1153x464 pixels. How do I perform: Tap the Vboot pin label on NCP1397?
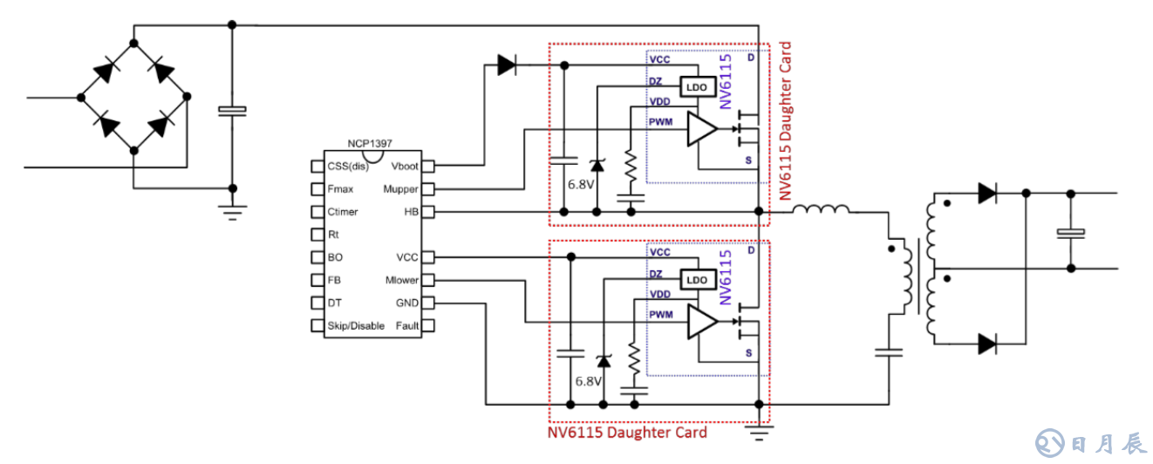click(x=404, y=166)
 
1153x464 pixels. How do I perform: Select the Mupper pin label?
click(x=400, y=188)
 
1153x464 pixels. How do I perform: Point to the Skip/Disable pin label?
click(x=356, y=326)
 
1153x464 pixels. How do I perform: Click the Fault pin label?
click(x=406, y=326)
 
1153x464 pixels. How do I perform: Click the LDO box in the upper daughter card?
click(x=697, y=87)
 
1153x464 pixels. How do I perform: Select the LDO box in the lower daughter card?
click(x=697, y=280)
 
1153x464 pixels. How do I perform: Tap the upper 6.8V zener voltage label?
click(x=582, y=185)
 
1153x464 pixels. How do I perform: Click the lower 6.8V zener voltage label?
click(x=588, y=381)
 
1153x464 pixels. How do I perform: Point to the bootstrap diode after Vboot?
click(x=507, y=65)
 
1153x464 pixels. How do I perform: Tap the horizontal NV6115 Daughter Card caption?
click(x=627, y=433)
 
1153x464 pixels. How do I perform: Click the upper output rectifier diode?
click(x=987, y=192)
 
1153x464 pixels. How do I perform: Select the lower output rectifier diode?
click(x=987, y=344)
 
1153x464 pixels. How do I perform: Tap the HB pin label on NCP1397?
click(x=411, y=212)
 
